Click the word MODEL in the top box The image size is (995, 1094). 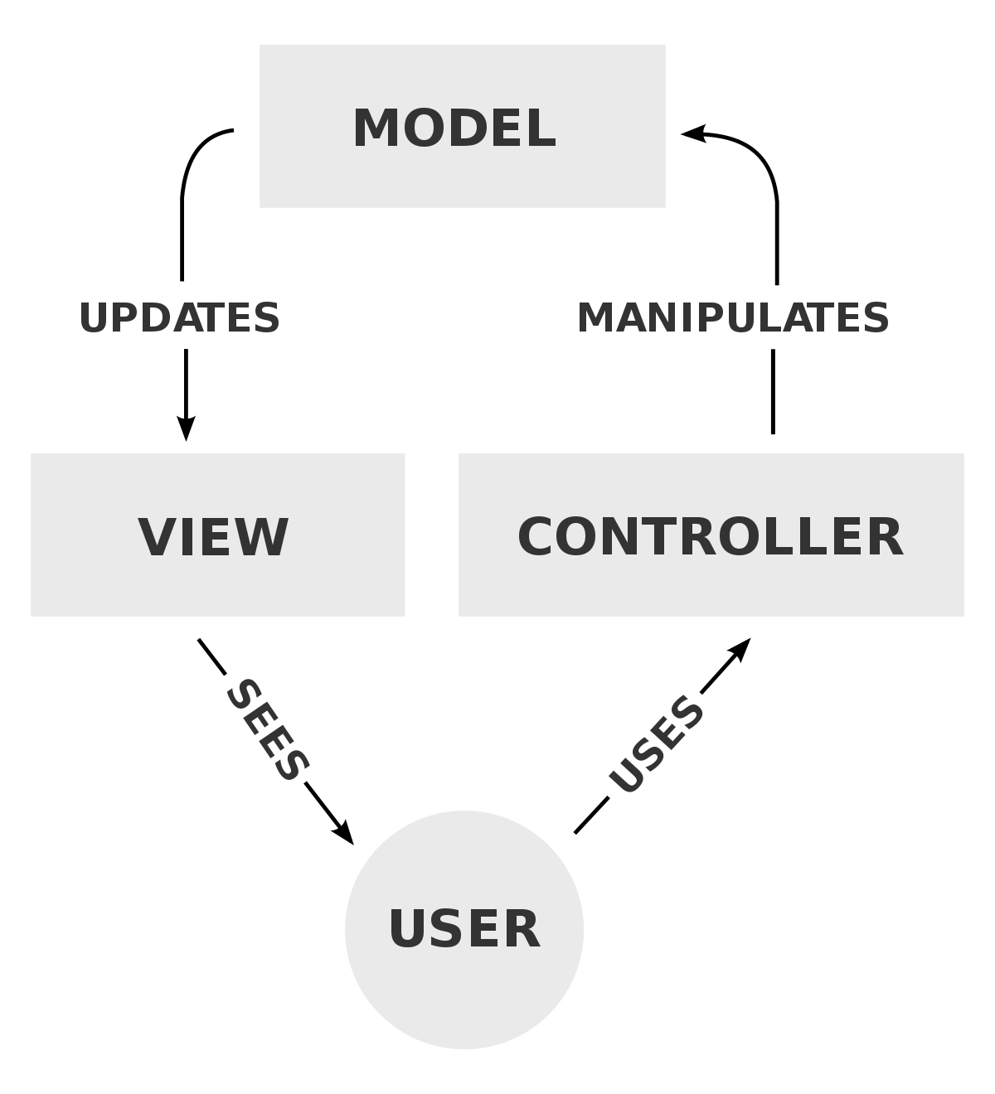454,128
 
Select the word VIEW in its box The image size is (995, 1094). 213,536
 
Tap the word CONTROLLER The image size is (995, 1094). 710,536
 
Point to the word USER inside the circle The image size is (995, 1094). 464,928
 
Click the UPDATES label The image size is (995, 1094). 180,318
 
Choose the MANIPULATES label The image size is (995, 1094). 733,318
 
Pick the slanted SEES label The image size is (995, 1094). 268,730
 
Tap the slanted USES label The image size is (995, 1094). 656,744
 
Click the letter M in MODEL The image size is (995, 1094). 374,128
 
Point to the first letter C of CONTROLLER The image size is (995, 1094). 536,536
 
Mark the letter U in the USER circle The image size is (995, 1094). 407,928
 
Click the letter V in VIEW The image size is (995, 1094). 153,536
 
